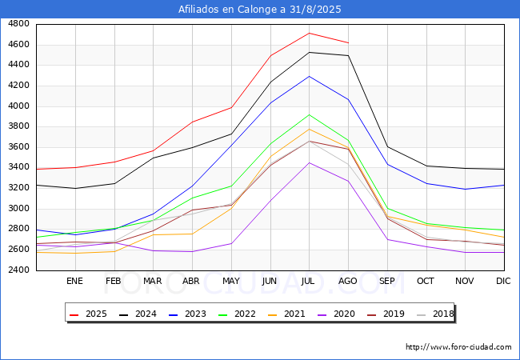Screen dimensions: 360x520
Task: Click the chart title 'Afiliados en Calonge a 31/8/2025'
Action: coord(260,10)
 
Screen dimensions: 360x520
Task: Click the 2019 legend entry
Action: coord(388,314)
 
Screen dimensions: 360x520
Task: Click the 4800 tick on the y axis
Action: coord(19,24)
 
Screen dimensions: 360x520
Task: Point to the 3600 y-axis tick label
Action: coord(19,147)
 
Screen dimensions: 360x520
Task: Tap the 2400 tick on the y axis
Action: coord(19,270)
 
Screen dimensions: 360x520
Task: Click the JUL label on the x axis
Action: coord(309,282)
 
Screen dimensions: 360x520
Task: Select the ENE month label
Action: coord(74,282)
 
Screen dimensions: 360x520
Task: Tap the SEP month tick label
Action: coord(387,282)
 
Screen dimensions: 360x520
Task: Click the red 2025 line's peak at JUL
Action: coord(309,33)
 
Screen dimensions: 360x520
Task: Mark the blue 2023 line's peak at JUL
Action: coord(309,76)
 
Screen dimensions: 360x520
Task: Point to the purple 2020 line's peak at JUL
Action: coord(309,162)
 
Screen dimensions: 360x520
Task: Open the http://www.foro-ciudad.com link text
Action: coord(458,347)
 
